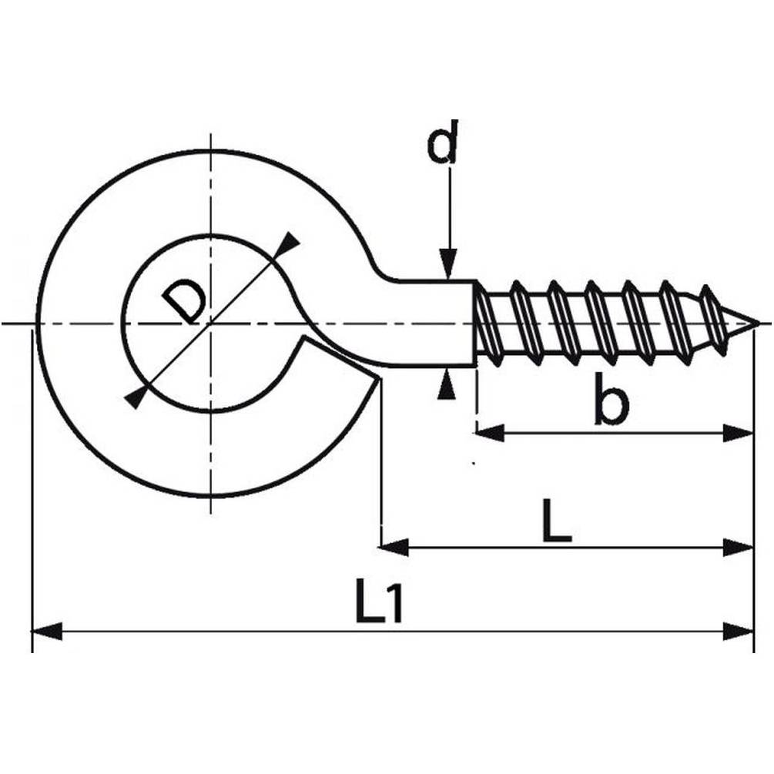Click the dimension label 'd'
443,141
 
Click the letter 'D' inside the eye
183,302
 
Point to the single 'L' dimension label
557,521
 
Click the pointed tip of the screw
758,323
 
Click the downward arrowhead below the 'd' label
447,265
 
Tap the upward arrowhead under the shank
447,384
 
